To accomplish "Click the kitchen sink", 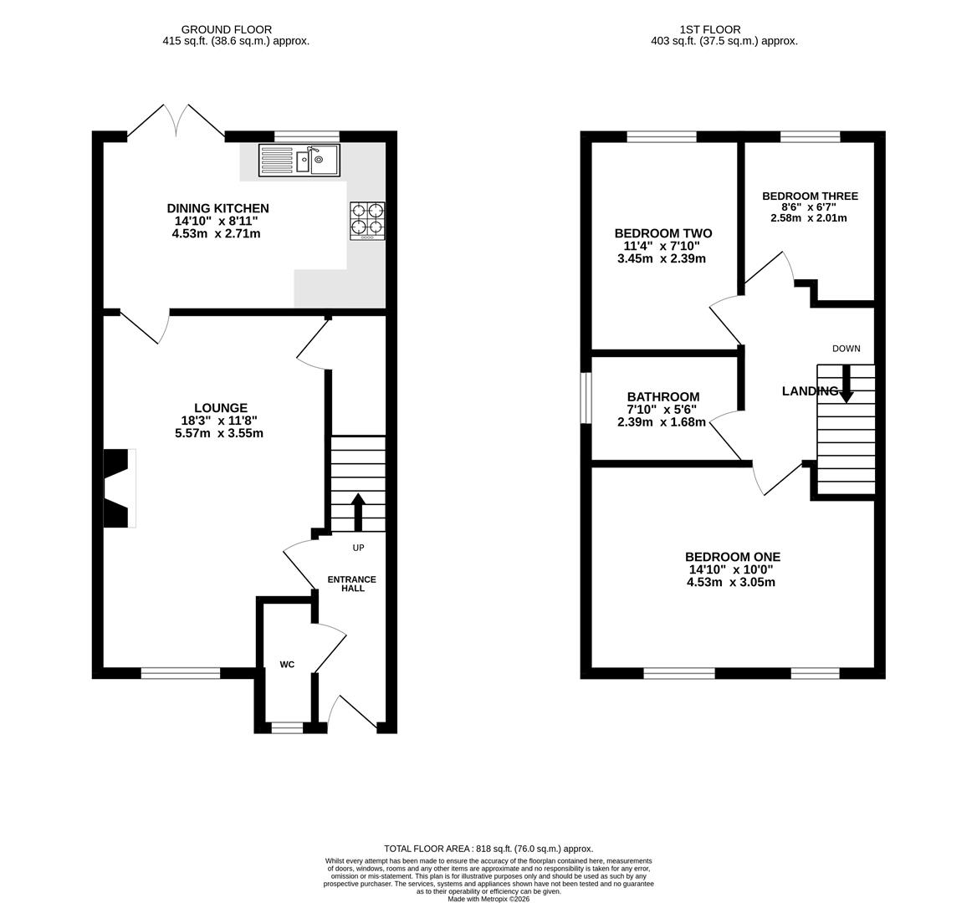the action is click(x=299, y=160).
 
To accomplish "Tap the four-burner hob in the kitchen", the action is click(x=367, y=221).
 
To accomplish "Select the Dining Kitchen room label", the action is click(x=217, y=208).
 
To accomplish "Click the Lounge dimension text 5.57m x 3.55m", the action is click(x=219, y=433).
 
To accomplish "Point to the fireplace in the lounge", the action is click(x=120, y=488).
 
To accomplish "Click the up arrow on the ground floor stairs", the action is click(x=358, y=513).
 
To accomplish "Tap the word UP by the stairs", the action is click(x=358, y=548).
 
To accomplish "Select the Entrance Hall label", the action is click(x=352, y=584).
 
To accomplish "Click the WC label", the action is click(x=287, y=665).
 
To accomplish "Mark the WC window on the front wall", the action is click(x=287, y=727).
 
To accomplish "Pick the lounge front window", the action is click(x=181, y=672).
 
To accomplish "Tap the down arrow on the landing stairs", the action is click(x=846, y=382).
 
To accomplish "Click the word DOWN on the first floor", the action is click(x=847, y=349).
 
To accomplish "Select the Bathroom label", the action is click(x=663, y=396).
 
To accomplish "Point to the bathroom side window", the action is click(x=586, y=398).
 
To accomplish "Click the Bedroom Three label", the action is click(x=810, y=196).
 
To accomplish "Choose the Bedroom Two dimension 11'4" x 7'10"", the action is click(x=662, y=246).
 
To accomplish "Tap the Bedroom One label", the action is click(x=733, y=557).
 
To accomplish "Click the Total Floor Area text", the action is click(x=488, y=848).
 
